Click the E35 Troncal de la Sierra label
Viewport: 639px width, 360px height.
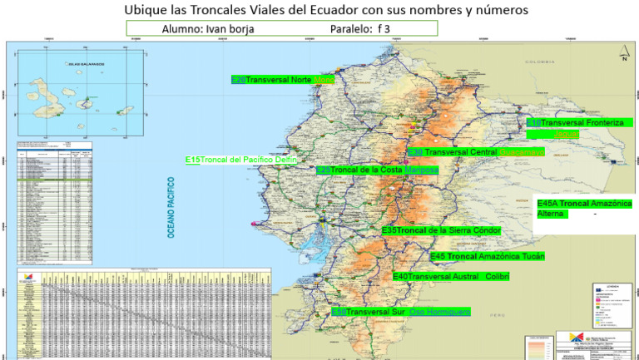tap(441, 229)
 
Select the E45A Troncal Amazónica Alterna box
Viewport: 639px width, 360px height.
tap(584, 208)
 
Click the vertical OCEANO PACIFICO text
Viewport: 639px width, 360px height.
tap(172, 208)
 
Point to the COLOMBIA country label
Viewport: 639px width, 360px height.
tap(539, 63)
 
